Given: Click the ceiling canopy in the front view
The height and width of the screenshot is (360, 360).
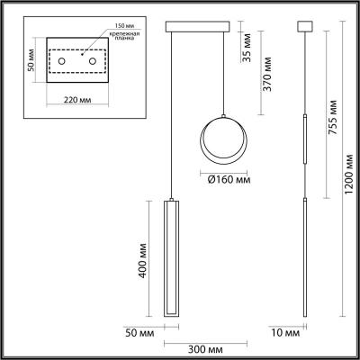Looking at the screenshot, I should coord(198,23).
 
